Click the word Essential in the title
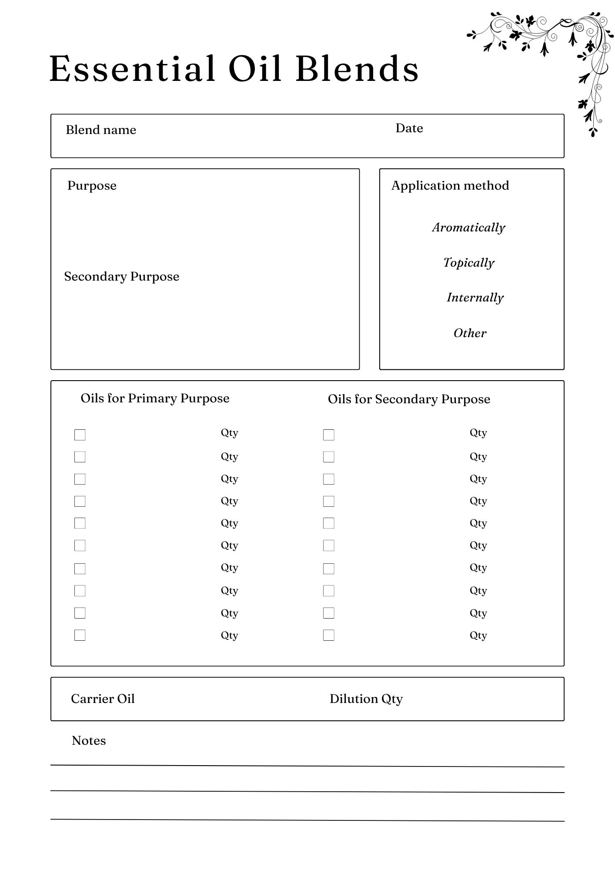tap(132, 69)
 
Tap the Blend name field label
tap(101, 130)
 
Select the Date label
tap(409, 128)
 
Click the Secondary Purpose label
tap(122, 277)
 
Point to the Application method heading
tap(450, 186)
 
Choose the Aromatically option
tap(468, 228)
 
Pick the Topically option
tap(468, 263)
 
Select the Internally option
tap(475, 298)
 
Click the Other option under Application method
tap(470, 333)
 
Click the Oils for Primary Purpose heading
tap(155, 398)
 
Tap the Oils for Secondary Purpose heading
tap(408, 399)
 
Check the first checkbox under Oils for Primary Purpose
tap(80, 435)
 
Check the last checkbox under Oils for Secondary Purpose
tap(329, 635)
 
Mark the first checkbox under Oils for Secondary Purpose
tap(329, 435)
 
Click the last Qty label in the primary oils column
tap(229, 636)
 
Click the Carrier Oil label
tap(103, 699)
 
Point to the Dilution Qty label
tap(366, 699)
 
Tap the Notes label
tap(89, 741)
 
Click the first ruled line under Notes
tap(307, 766)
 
